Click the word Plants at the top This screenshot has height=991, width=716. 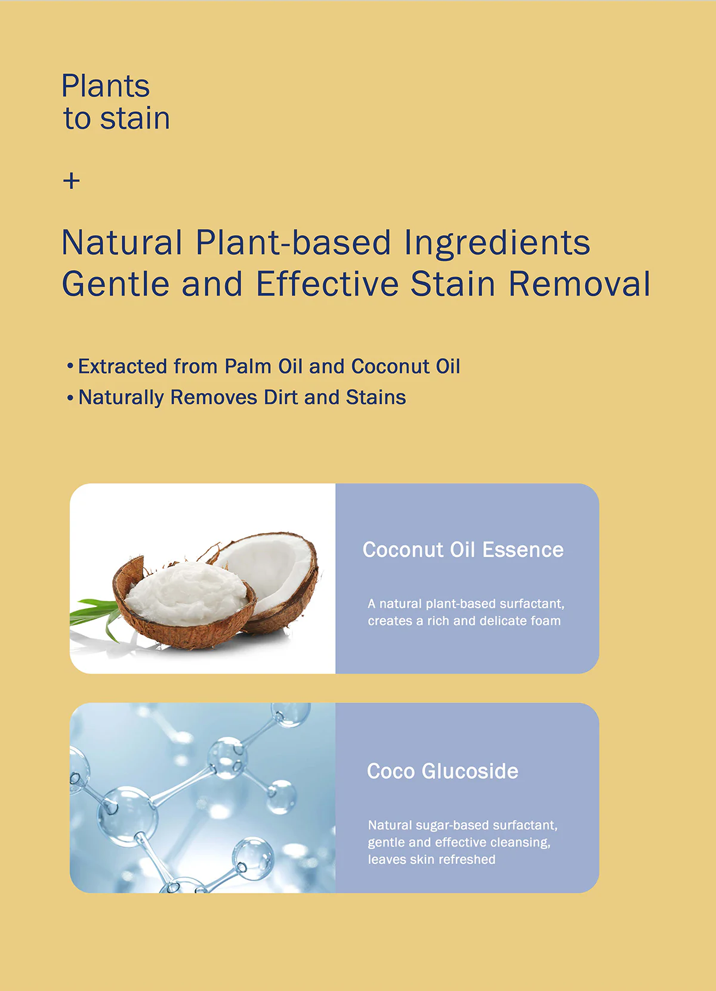click(106, 86)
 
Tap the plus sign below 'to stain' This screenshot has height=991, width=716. click(71, 181)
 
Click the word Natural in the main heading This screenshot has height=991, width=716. click(122, 243)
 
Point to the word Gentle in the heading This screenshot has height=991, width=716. click(116, 284)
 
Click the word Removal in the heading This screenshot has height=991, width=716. click(579, 284)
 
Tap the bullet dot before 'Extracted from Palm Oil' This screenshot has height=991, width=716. click(70, 366)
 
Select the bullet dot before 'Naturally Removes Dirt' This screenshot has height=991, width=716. click(70, 398)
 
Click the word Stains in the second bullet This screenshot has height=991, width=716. click(376, 397)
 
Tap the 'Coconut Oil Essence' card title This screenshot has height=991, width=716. click(463, 550)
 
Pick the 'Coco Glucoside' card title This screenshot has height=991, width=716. click(442, 771)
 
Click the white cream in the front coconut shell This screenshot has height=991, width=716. click(186, 592)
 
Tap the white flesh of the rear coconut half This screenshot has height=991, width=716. click(270, 566)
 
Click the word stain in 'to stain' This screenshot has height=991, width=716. click(135, 119)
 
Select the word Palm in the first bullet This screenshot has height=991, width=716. click(248, 366)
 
